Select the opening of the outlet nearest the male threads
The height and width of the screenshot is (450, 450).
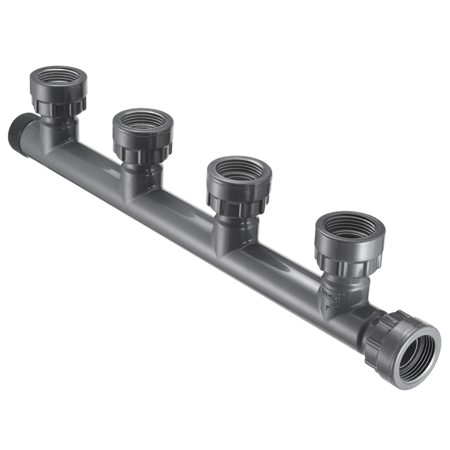58,79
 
